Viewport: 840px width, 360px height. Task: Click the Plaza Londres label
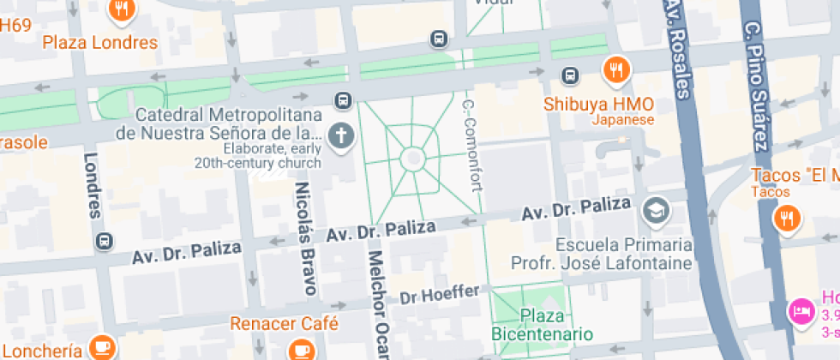click(100, 42)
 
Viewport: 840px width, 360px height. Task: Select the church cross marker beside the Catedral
click(341, 135)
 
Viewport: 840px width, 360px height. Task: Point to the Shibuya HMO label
click(599, 105)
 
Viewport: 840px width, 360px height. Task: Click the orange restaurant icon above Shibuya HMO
click(615, 71)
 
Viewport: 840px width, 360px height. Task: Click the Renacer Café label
click(284, 324)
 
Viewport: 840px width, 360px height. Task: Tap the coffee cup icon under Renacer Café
click(302, 350)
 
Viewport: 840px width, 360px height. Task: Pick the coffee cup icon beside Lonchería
click(102, 347)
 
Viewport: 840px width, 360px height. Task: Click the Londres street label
click(92, 186)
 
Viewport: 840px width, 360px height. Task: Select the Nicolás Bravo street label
click(302, 237)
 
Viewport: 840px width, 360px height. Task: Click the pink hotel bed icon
click(801, 310)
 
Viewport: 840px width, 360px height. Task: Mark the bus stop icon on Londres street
click(105, 241)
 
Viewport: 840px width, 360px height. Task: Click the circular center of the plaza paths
click(412, 159)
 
